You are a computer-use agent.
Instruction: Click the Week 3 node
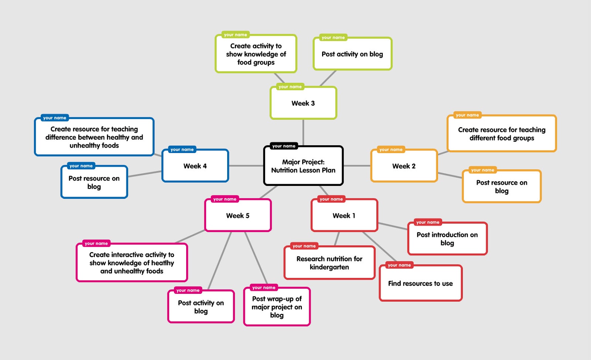click(x=303, y=103)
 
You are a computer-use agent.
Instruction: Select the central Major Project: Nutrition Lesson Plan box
click(x=303, y=166)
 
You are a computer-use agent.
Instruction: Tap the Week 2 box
click(x=404, y=166)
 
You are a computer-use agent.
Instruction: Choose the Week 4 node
click(x=195, y=166)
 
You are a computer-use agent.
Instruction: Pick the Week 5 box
click(x=238, y=215)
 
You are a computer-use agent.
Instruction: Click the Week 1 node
click(x=344, y=215)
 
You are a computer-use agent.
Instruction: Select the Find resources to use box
click(x=420, y=283)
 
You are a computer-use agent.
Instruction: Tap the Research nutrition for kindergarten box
click(x=329, y=263)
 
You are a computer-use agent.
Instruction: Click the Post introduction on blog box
click(x=447, y=239)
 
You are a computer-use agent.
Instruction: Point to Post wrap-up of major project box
click(x=277, y=307)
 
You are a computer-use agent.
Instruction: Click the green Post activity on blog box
click(x=352, y=54)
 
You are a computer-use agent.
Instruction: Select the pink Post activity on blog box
click(x=201, y=307)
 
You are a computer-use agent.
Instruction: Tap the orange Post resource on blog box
click(x=502, y=187)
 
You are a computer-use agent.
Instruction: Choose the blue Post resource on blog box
click(x=94, y=182)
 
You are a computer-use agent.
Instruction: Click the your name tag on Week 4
click(x=182, y=150)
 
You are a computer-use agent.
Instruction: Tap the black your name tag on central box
click(x=284, y=146)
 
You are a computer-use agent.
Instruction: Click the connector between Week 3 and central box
click(x=303, y=132)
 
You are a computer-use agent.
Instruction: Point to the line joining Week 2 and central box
click(x=357, y=166)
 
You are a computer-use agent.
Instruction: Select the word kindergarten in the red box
click(x=329, y=267)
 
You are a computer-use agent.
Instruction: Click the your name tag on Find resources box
click(x=399, y=265)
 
